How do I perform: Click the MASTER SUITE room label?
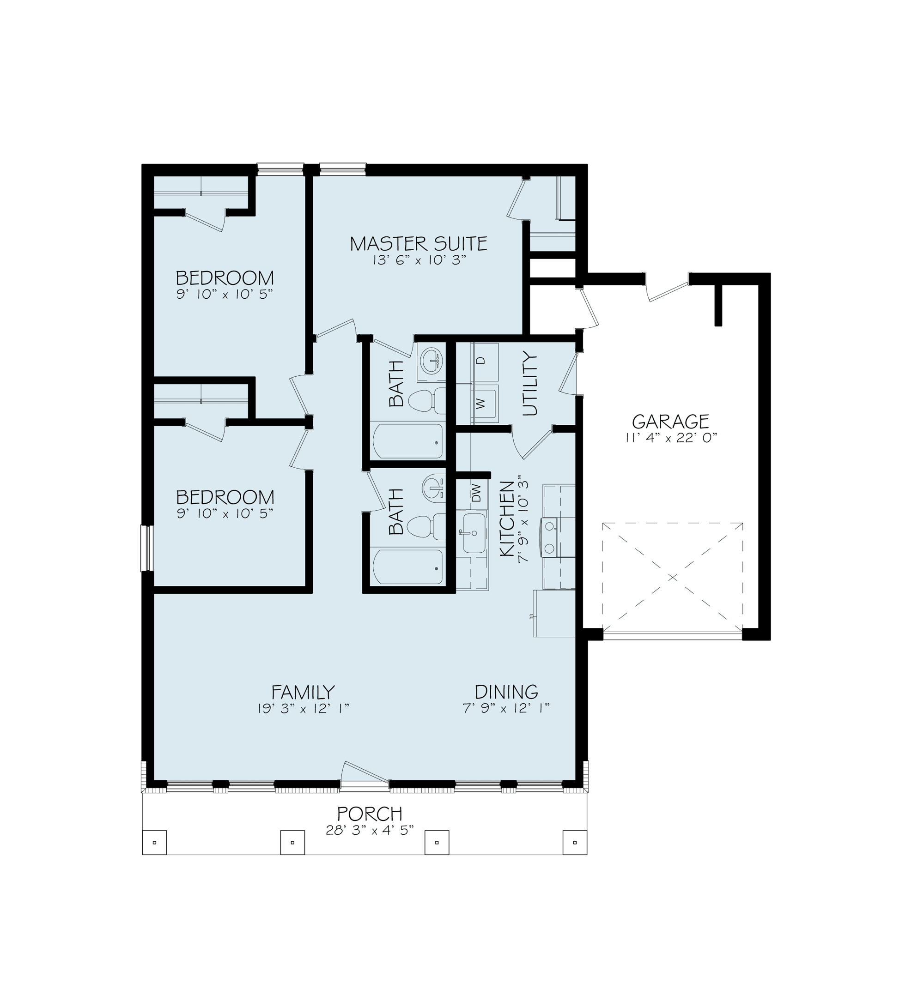[x=419, y=244]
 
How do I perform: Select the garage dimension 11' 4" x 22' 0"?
[x=671, y=438]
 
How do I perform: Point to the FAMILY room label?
[x=303, y=692]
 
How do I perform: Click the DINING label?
[x=506, y=692]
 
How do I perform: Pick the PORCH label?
[x=370, y=814]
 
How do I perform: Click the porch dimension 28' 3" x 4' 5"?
[x=370, y=831]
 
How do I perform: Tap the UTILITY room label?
[x=529, y=384]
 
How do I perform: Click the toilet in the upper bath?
[x=427, y=401]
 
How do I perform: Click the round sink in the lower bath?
[x=433, y=487]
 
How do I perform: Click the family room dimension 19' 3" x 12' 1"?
[x=303, y=709]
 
